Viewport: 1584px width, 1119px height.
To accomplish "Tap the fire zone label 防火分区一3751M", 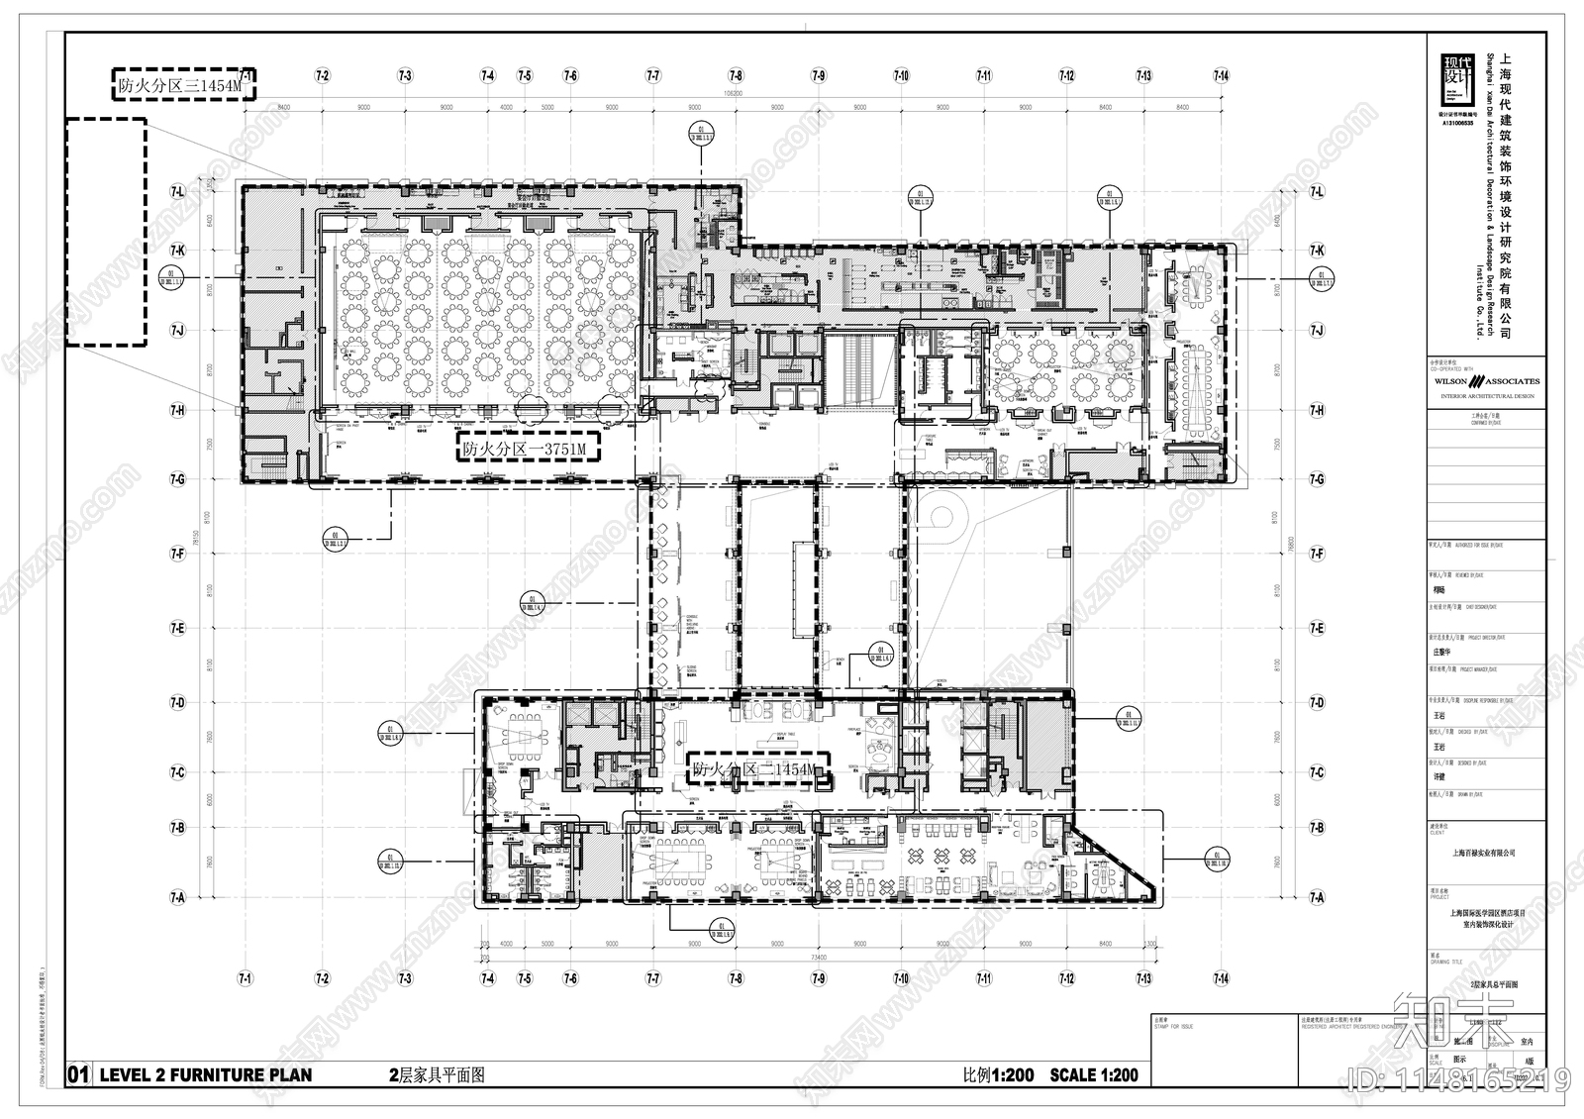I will point(531,450).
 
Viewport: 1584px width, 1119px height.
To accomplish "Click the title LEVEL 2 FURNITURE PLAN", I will point(205,1074).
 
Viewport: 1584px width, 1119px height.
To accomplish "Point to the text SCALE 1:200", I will point(1093,1074).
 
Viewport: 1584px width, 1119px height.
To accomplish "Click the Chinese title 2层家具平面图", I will point(435,1074).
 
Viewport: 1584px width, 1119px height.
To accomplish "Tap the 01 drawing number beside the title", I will point(79,1074).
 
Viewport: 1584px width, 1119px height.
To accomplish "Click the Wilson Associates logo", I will point(1485,381).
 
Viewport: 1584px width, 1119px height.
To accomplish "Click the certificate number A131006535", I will point(1455,123).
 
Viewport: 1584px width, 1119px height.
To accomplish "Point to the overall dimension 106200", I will point(733,96).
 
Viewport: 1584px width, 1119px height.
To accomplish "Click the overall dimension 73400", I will point(818,959).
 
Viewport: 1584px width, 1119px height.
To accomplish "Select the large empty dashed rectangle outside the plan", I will point(106,232).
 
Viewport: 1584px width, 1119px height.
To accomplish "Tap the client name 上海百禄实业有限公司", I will point(1483,853).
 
